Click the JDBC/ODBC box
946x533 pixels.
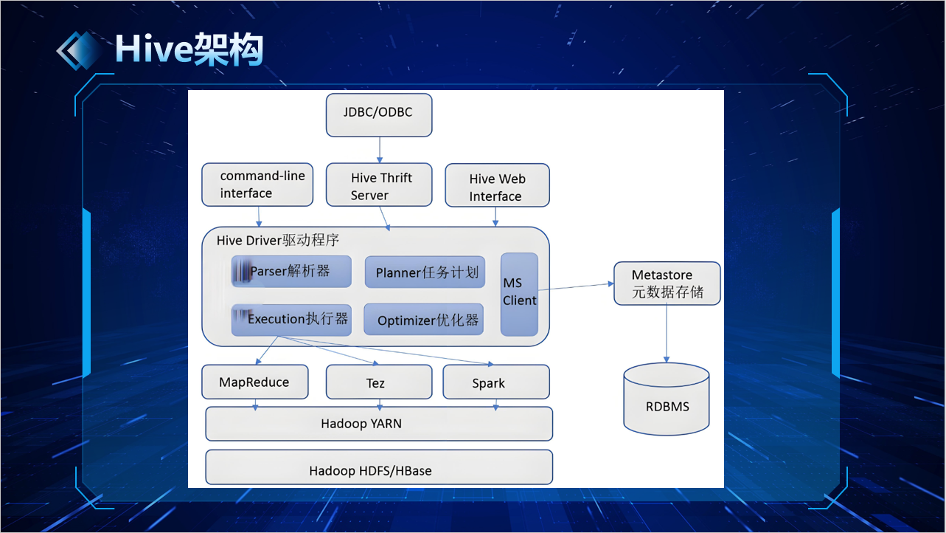tap(379, 114)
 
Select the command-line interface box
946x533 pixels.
tap(257, 185)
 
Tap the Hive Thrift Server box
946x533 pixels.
tap(379, 186)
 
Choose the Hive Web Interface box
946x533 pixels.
tap(497, 187)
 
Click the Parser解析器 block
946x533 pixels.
tap(291, 271)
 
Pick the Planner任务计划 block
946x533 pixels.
tap(425, 272)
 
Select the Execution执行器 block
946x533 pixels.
tap(291, 320)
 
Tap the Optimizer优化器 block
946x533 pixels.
tap(425, 320)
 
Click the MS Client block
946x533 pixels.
tap(520, 294)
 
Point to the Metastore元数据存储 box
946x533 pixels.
tap(667, 284)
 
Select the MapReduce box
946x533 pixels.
tap(254, 382)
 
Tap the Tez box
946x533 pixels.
tap(379, 382)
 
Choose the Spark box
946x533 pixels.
tap(495, 382)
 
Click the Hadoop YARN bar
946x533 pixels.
tap(379, 424)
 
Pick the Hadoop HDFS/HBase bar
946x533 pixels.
tap(379, 469)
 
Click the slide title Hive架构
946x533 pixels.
tap(189, 50)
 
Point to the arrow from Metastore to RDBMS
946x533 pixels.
tap(667, 333)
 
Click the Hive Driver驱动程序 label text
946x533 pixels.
tap(278, 241)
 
